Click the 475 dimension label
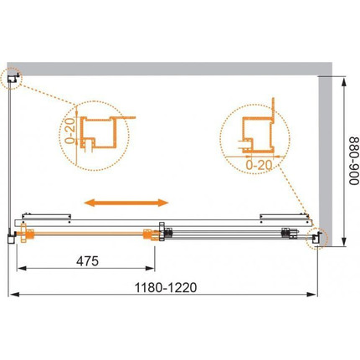pos(87,261)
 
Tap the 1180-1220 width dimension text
pos(166,287)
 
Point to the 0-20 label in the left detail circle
pos(70,131)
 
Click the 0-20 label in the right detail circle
pos(259,166)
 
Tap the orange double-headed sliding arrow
pos(126,203)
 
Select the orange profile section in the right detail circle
pos(258,135)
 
